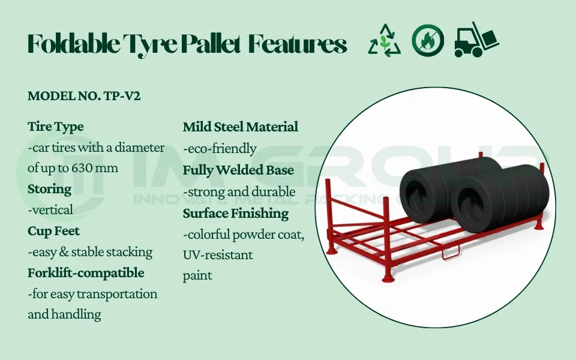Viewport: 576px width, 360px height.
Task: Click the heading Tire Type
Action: pyautogui.click(x=56, y=127)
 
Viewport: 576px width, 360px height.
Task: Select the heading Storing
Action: pyautogui.click(x=49, y=189)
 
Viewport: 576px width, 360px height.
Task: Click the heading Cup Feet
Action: pyautogui.click(x=53, y=231)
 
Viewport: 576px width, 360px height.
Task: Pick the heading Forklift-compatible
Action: pyautogui.click(x=86, y=273)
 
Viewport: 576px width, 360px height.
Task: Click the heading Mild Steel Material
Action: pyautogui.click(x=240, y=127)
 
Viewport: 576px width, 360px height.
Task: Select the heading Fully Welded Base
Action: pyautogui.click(x=238, y=170)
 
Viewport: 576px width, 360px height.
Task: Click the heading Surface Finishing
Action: pyautogui.click(x=236, y=213)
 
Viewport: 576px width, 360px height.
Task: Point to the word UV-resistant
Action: pyautogui.click(x=218, y=255)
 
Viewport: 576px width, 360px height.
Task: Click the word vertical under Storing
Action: pyautogui.click(x=50, y=210)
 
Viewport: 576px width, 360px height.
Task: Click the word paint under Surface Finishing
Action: pyautogui.click(x=197, y=275)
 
